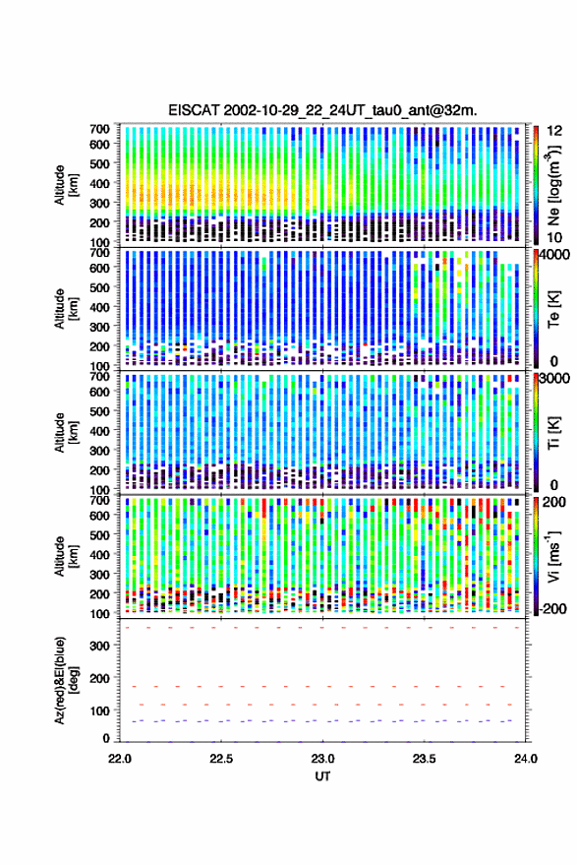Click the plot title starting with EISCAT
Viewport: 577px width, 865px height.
point(322,110)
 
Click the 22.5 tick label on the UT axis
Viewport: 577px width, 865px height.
point(221,759)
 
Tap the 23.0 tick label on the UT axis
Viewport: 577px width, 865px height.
point(322,759)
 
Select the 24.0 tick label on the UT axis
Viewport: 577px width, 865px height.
point(525,759)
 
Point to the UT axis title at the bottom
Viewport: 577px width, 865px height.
point(322,776)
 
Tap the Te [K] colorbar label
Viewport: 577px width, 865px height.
point(553,309)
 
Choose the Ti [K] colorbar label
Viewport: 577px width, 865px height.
point(553,433)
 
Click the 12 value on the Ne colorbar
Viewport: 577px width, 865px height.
point(554,131)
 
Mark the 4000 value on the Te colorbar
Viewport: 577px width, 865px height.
point(554,255)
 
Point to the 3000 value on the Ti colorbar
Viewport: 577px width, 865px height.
point(554,379)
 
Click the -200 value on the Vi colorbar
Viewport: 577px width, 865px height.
point(552,608)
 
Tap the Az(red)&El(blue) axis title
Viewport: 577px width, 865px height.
point(65,680)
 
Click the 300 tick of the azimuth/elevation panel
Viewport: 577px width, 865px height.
point(99,646)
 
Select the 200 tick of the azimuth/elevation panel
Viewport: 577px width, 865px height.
point(99,678)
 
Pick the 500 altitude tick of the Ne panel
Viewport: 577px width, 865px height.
point(99,163)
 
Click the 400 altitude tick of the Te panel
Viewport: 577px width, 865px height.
point(99,307)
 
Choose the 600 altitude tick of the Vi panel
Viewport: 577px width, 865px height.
point(99,516)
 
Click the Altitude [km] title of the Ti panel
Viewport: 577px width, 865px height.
point(65,433)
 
